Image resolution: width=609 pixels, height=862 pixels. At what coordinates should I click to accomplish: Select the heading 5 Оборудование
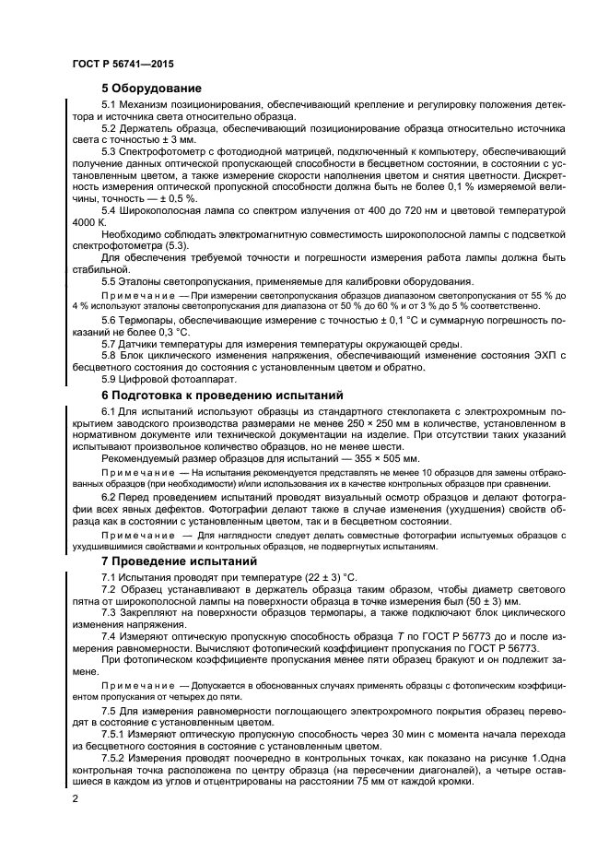click(x=151, y=88)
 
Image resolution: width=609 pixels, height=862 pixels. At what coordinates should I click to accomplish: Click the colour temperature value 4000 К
click(x=89, y=223)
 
